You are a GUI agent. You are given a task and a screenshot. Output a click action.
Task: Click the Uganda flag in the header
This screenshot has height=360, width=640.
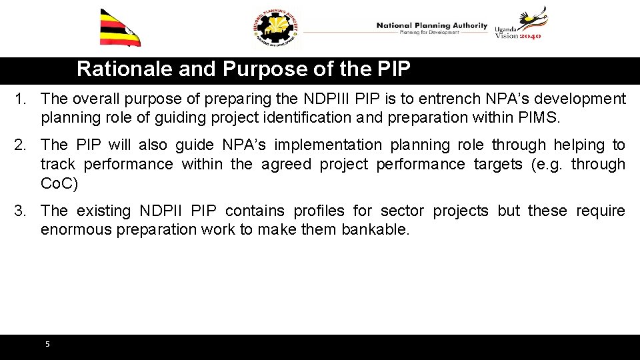click(x=120, y=28)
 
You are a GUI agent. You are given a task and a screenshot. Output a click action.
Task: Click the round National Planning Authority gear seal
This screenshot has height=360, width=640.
click(x=277, y=29)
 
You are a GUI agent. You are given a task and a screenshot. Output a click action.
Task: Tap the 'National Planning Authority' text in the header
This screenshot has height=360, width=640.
click(x=432, y=25)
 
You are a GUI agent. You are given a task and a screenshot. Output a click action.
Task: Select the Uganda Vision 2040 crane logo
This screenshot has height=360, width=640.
click(x=521, y=24)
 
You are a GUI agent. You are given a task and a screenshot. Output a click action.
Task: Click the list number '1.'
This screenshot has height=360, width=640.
click(x=22, y=99)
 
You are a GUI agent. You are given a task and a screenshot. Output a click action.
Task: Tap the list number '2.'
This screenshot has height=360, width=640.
click(x=22, y=145)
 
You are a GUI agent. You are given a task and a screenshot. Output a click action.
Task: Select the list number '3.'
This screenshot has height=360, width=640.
click(x=22, y=211)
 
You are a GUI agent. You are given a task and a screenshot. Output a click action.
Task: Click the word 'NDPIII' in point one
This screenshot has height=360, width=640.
click(x=327, y=99)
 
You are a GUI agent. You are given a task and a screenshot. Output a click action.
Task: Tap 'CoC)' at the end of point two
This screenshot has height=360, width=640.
click(x=59, y=183)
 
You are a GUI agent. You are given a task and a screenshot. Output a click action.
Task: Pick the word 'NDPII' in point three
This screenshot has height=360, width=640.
click(x=161, y=211)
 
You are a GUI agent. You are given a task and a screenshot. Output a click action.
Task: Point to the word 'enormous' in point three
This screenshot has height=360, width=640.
click(x=72, y=230)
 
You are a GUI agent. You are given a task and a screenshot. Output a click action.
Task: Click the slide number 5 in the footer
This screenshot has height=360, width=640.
click(x=47, y=345)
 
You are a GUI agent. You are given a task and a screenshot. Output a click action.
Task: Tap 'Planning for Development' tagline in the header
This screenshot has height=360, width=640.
click(x=429, y=32)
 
